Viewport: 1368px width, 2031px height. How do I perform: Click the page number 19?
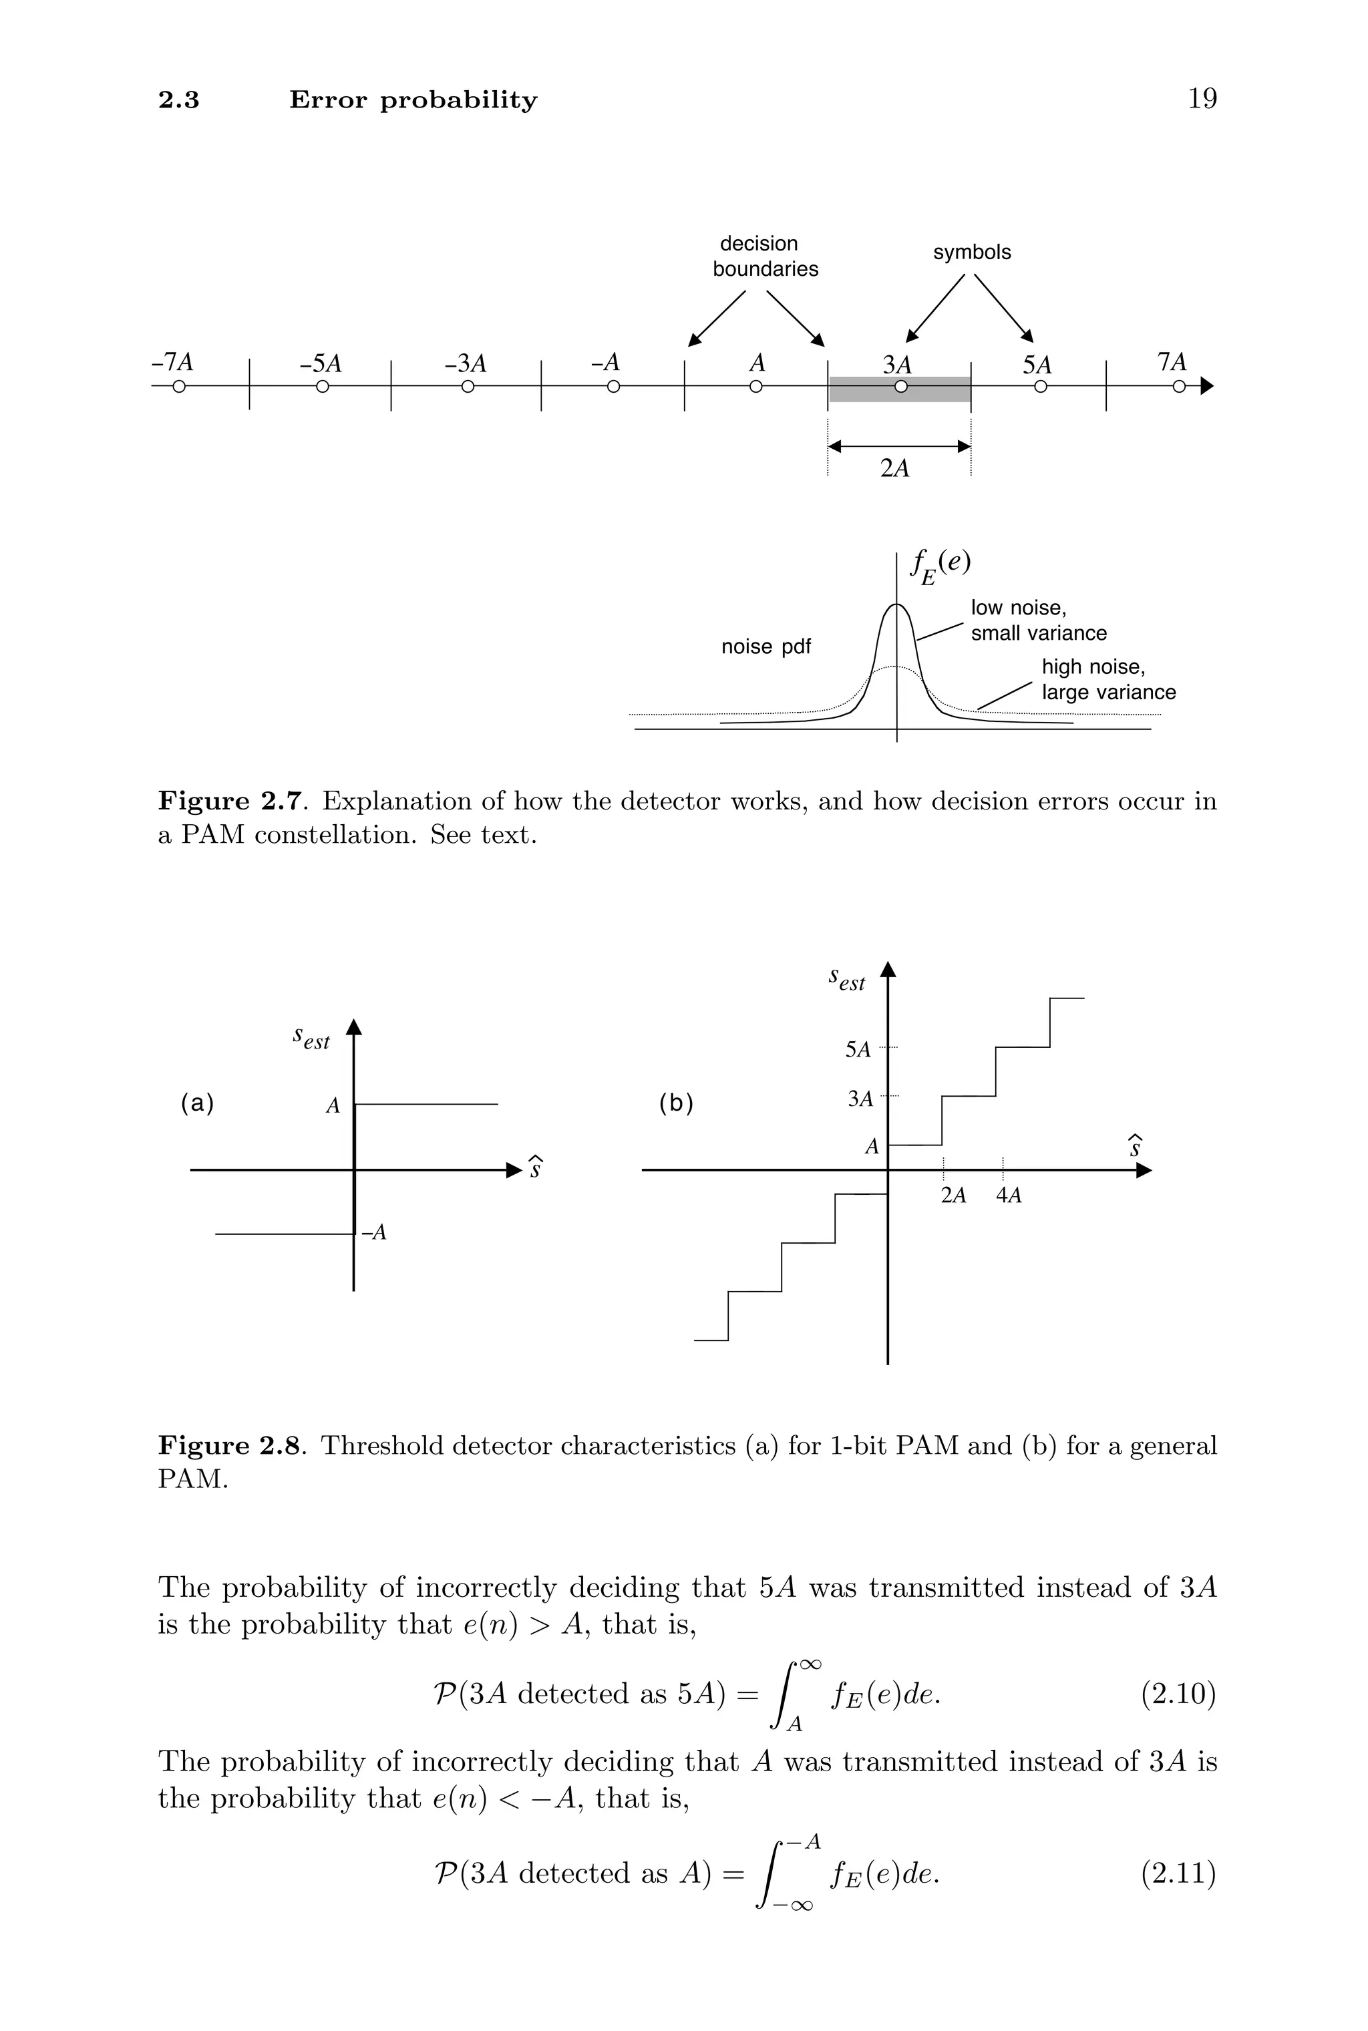pos(1202,99)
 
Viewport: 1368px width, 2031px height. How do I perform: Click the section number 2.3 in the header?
pos(179,100)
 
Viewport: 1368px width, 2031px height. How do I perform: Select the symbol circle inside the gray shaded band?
pos(900,386)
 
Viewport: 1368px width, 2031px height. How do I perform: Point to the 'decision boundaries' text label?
pos(764,256)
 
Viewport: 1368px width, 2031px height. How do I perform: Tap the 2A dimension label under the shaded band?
pos(894,469)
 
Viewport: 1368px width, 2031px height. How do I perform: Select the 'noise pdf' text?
pos(765,647)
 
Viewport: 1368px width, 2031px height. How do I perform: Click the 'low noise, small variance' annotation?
pos(1037,620)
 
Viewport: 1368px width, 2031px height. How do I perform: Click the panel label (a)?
pos(197,1103)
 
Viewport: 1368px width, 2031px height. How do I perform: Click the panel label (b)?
pos(675,1104)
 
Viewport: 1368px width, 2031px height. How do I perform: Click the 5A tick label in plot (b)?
pos(858,1050)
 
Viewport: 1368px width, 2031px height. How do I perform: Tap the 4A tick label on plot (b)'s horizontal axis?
pos(1008,1195)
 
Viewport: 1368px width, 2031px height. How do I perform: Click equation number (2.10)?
pos(1178,1695)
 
